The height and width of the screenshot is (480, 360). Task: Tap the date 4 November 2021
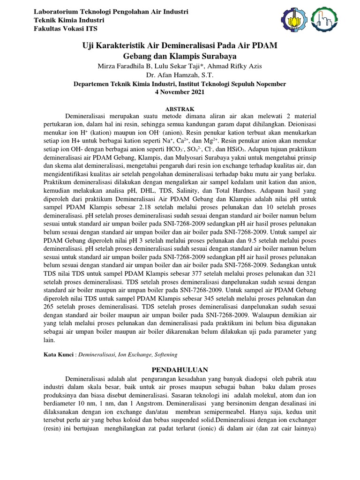[180, 92]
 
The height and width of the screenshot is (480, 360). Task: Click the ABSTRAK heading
[180, 108]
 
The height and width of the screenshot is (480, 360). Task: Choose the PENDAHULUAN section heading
[180, 369]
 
